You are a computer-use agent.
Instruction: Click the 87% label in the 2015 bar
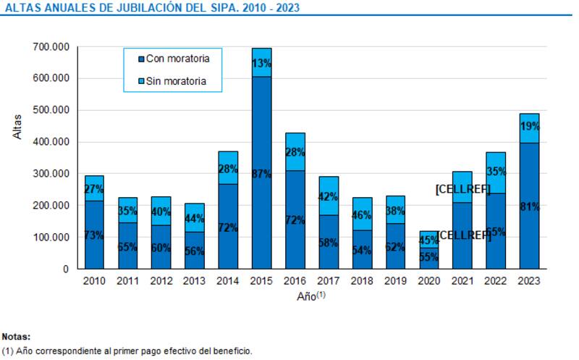click(261, 175)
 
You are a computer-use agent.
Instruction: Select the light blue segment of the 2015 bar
click(261, 62)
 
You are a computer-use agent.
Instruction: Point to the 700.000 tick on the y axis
click(52, 46)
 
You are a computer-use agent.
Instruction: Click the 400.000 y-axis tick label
click(52, 142)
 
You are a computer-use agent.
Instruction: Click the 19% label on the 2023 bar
click(528, 126)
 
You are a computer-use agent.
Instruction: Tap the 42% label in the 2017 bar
click(328, 196)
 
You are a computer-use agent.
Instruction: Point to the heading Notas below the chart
click(16, 337)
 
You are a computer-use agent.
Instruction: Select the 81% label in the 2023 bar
click(528, 207)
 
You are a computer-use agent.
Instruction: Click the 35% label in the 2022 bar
click(495, 172)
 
